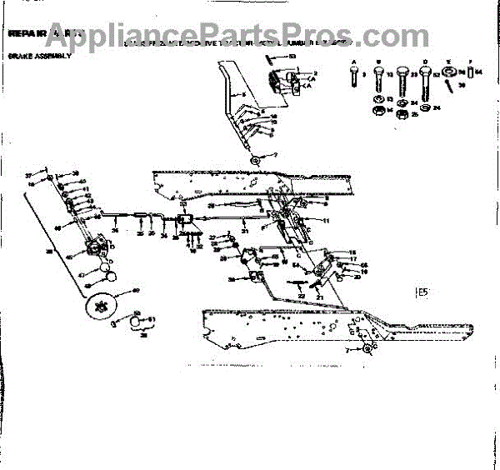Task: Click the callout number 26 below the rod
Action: [116, 230]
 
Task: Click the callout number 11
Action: [327, 220]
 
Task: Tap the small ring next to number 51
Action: [138, 320]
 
